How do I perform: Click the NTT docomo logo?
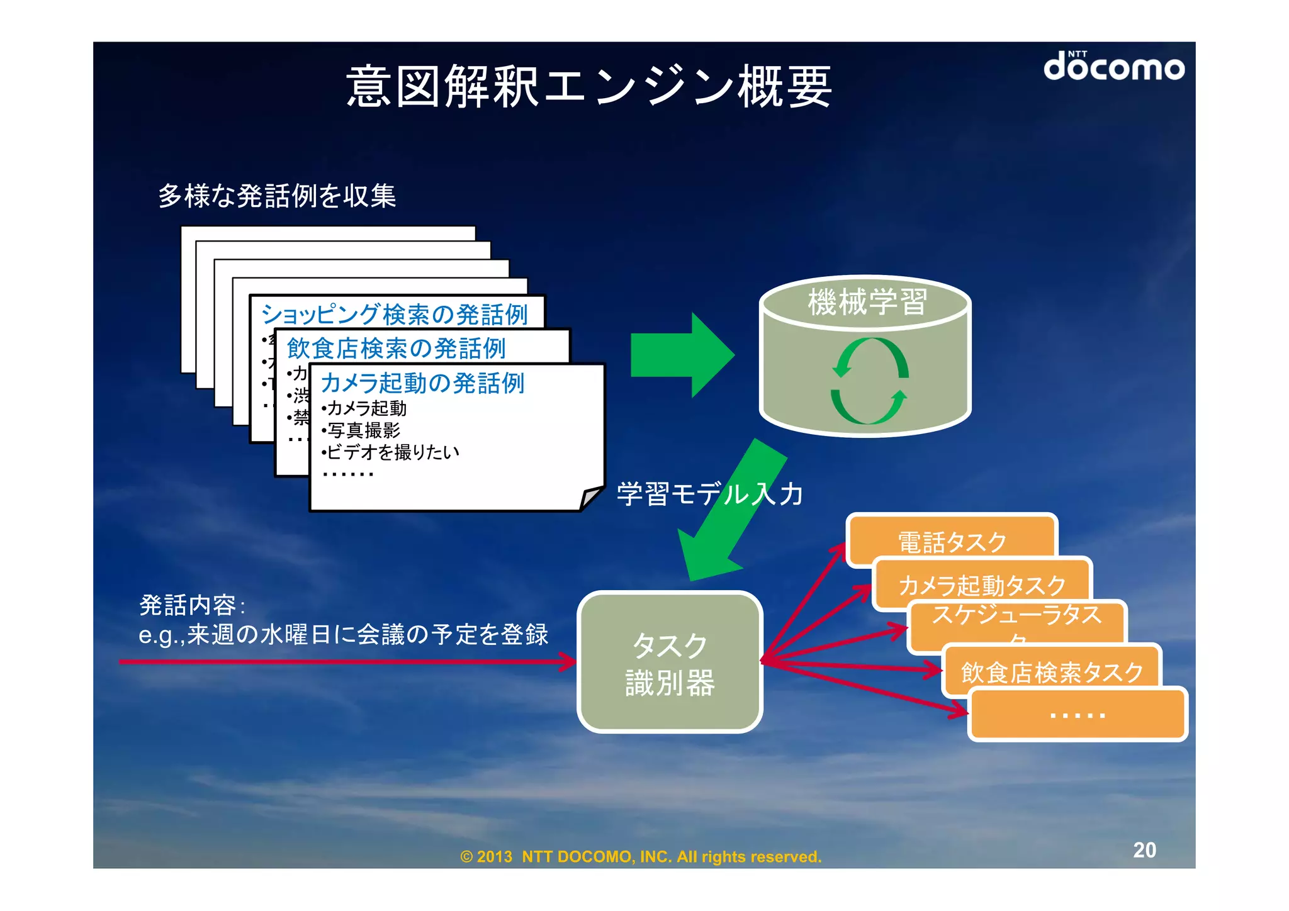tap(1113, 67)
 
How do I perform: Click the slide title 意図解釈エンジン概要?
tap(589, 87)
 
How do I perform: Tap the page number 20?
tap(1144, 850)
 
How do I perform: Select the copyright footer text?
tap(641, 856)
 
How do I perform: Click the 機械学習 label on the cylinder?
tap(867, 301)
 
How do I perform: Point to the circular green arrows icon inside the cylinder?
tap(869, 381)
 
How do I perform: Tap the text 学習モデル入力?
tap(709, 494)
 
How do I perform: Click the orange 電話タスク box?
tap(951, 540)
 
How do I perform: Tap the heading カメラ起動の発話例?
tap(422, 383)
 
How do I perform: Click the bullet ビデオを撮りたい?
tap(391, 452)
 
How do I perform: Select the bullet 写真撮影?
tap(362, 430)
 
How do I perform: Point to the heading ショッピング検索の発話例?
tap(394, 314)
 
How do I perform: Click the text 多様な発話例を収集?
tap(277, 196)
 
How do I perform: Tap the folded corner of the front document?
tap(590, 498)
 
